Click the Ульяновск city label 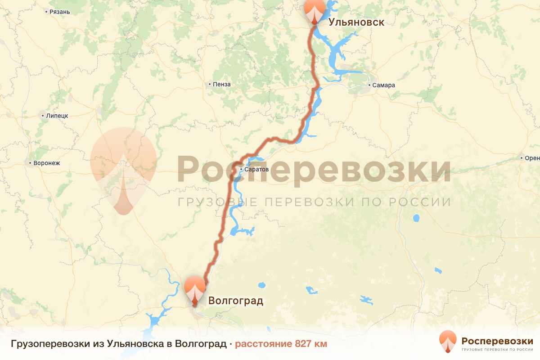[356, 22]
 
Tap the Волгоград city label [236, 301]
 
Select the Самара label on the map [383, 85]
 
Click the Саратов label [256, 170]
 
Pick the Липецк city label [57, 116]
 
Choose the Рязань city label [60, 12]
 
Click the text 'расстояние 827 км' [281, 344]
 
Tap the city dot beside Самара [369, 85]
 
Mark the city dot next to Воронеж [30, 163]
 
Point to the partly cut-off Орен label [531, 158]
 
